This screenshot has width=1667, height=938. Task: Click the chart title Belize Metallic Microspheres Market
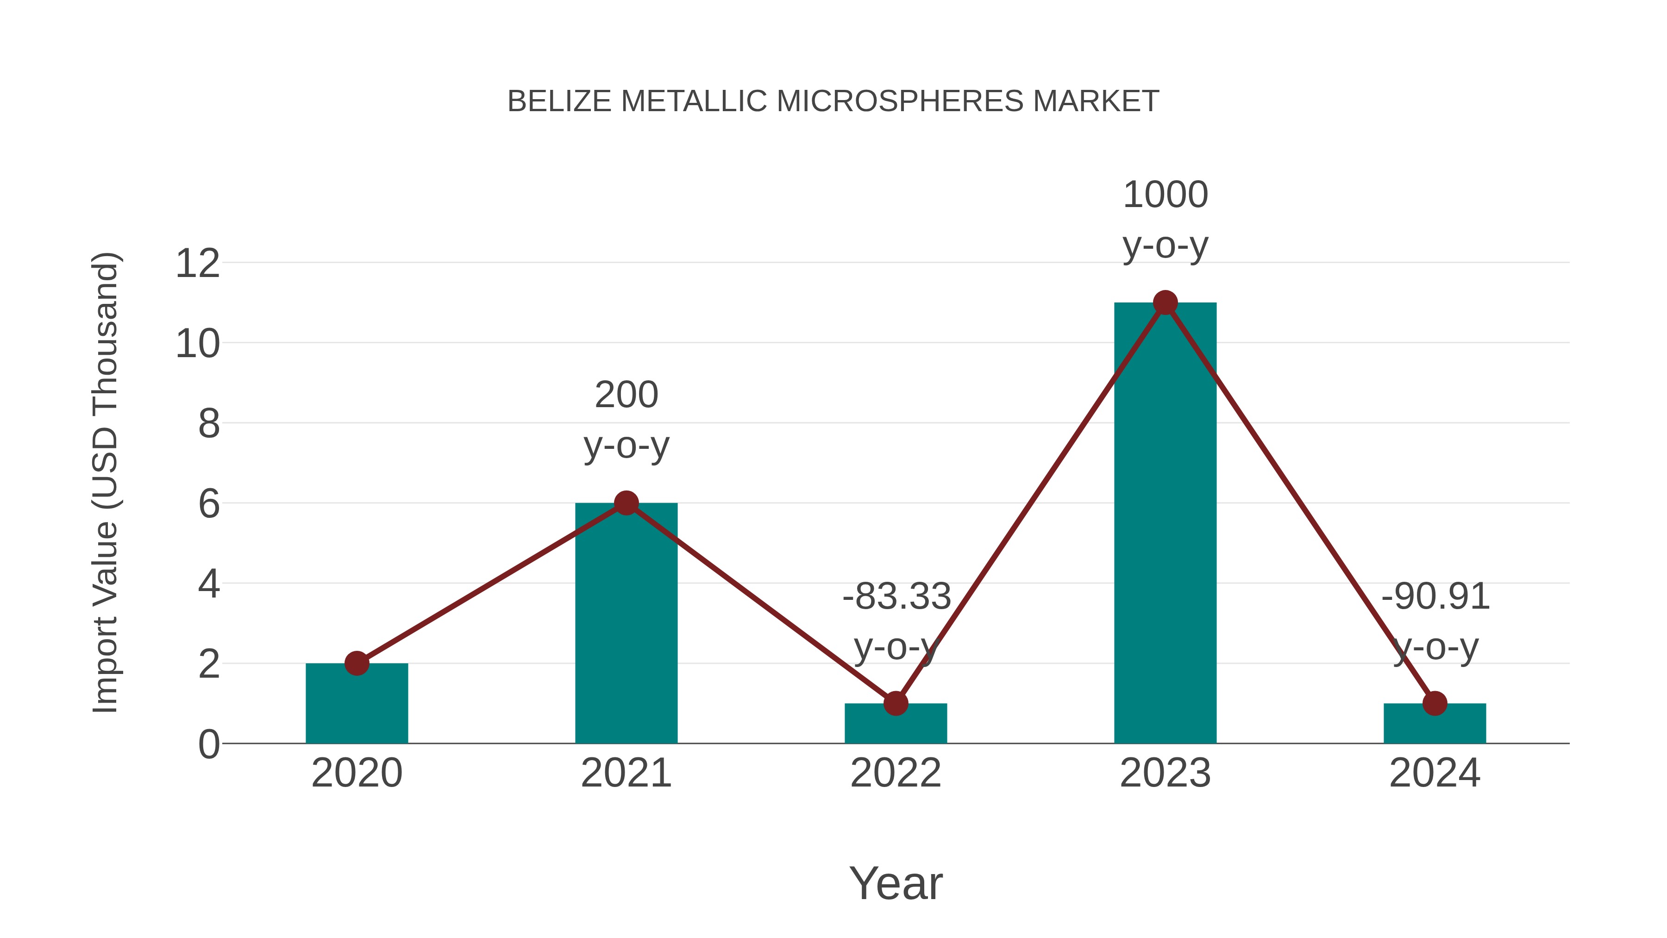coord(833,101)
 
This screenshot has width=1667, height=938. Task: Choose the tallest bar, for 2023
coord(1165,531)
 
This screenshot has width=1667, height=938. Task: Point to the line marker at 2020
coord(357,663)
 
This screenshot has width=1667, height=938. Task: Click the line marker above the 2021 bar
coord(626,503)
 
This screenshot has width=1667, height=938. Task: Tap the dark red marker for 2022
coord(896,703)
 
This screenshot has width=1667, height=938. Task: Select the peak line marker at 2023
coord(1165,302)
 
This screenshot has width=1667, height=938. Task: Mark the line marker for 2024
coord(1435,703)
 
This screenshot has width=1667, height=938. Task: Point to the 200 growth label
coord(626,395)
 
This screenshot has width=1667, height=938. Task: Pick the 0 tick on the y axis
coord(208,744)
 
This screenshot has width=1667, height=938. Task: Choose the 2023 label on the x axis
coord(1165,773)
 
